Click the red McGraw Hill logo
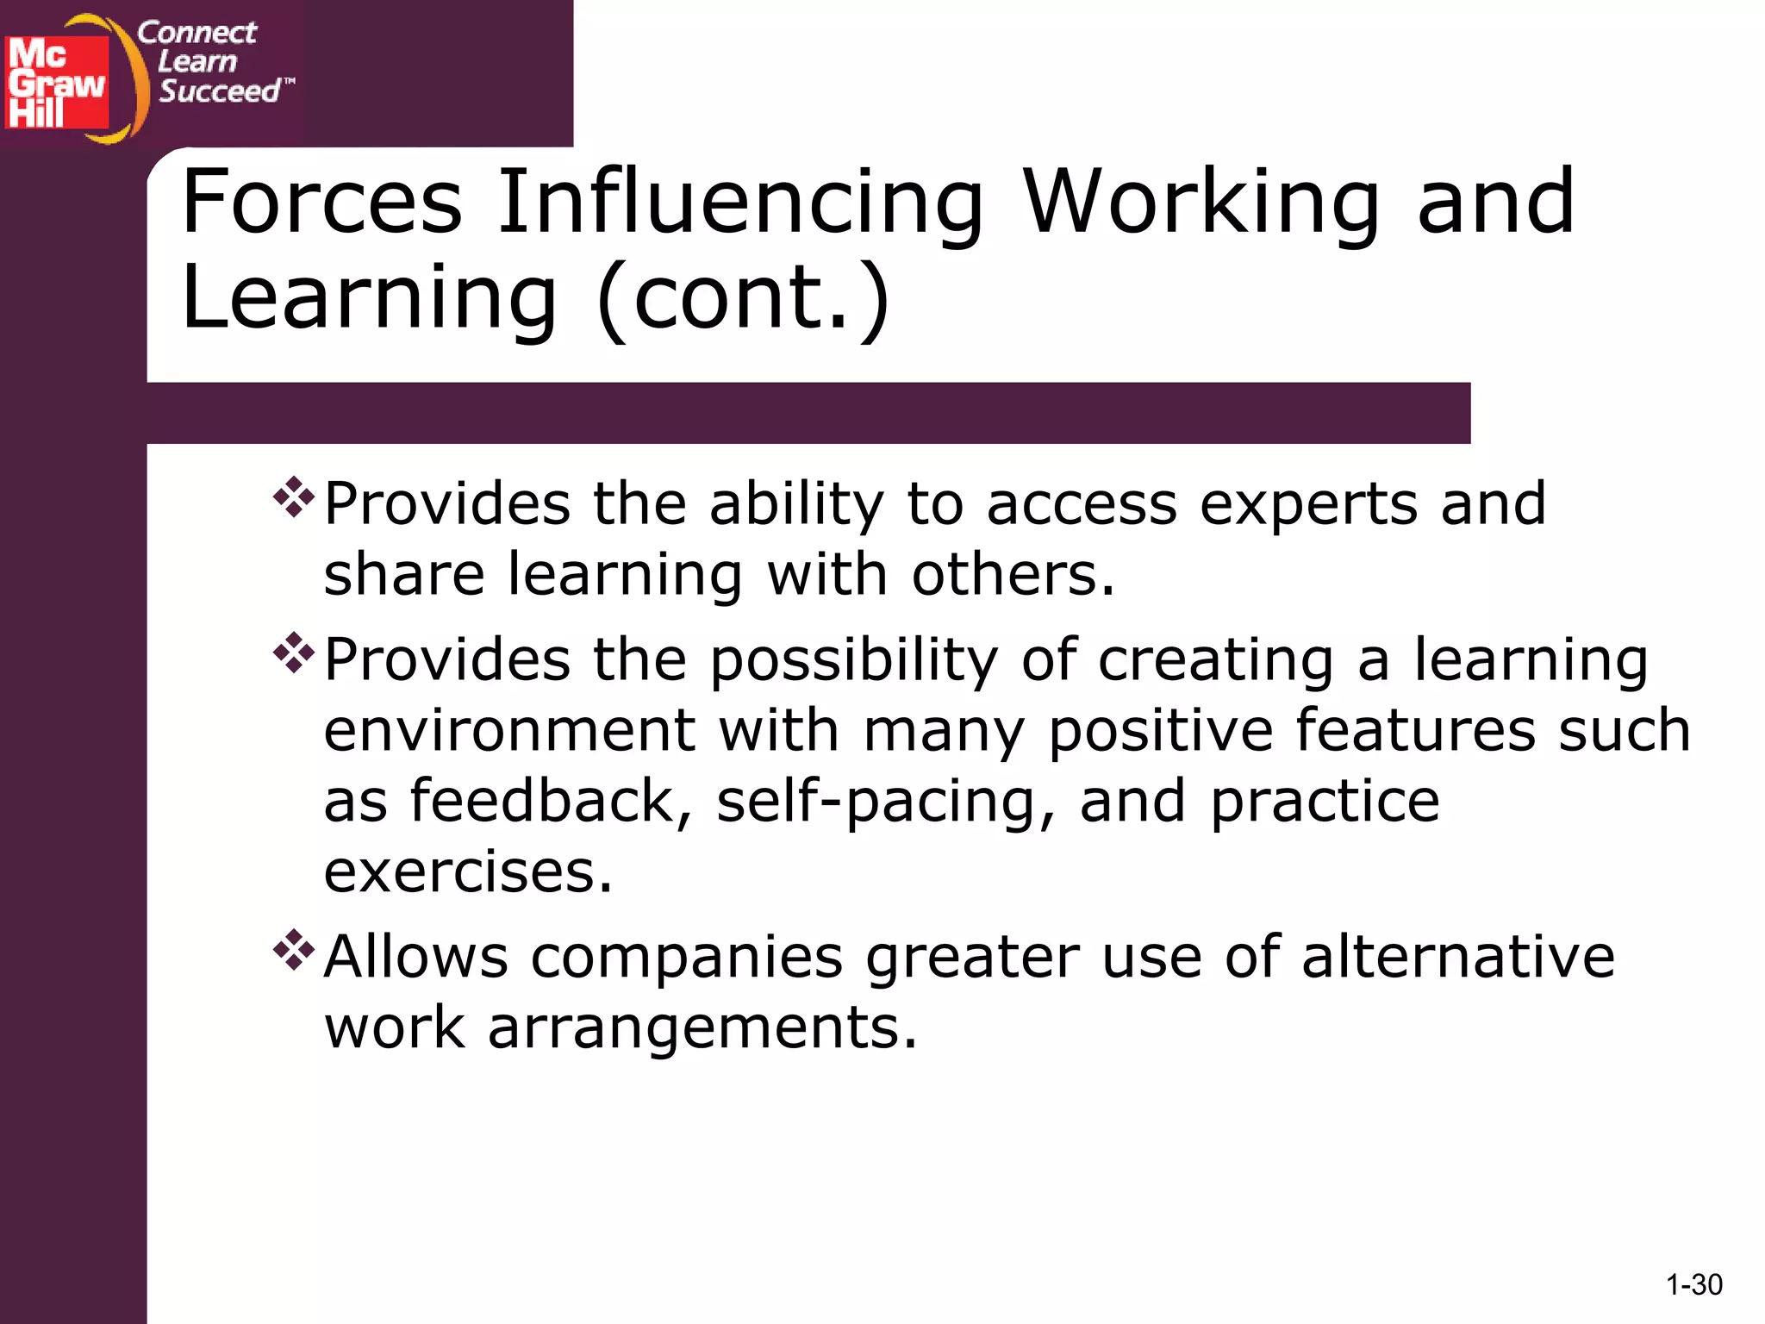pyautogui.click(x=57, y=83)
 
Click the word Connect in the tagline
pyautogui.click(x=196, y=33)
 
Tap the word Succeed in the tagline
pyautogui.click(x=220, y=91)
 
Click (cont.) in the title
pyautogui.click(x=743, y=297)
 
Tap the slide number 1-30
pyautogui.click(x=1693, y=1285)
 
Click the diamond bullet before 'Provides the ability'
pyautogui.click(x=293, y=497)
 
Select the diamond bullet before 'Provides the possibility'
pyautogui.click(x=293, y=653)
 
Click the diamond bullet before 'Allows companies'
pyautogui.click(x=293, y=950)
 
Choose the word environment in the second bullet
pyautogui.click(x=509, y=731)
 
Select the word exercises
pyautogui.click(x=467, y=872)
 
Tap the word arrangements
pyautogui.click(x=702, y=1028)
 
